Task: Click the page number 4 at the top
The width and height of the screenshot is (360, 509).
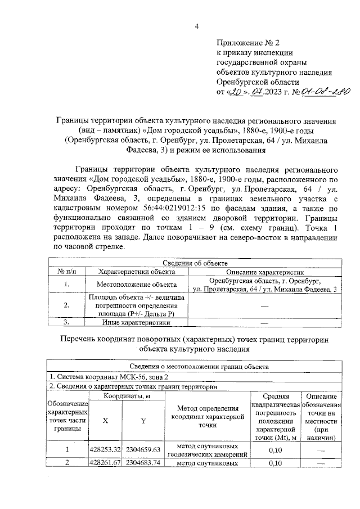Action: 197,24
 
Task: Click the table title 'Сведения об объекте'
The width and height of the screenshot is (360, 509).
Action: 195,263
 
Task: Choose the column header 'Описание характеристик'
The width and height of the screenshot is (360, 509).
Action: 264,271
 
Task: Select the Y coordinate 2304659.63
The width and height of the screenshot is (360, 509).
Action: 143,450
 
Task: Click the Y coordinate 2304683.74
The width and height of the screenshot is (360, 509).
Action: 143,463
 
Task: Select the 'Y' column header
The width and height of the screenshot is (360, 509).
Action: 143,420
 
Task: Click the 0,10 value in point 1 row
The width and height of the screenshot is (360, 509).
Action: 275,450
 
